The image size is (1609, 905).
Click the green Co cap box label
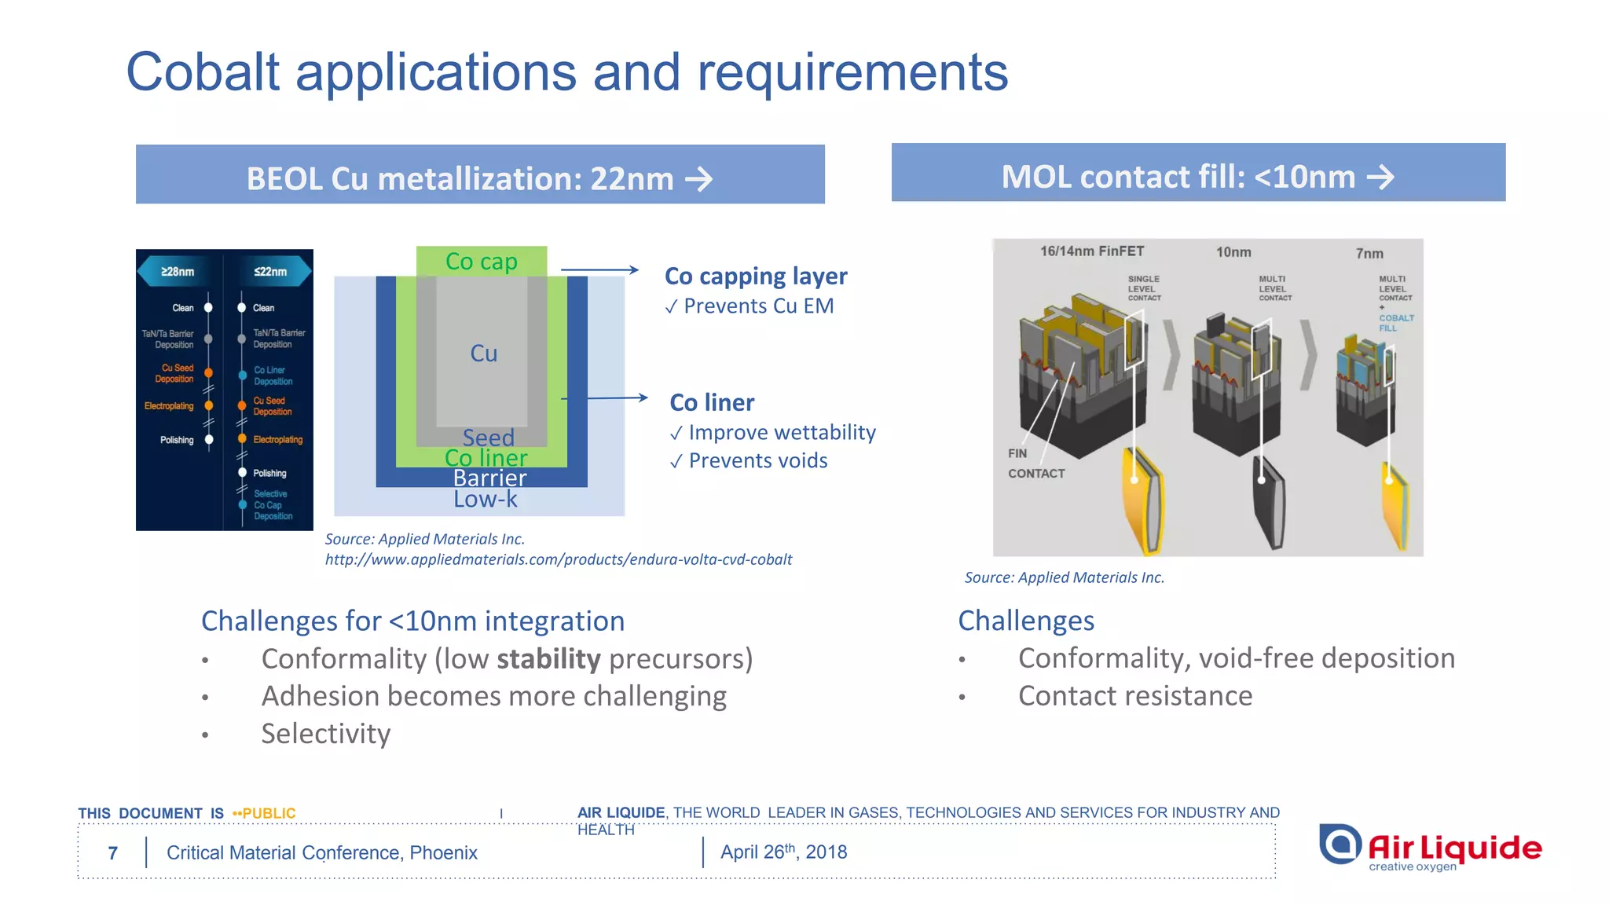pos(481,261)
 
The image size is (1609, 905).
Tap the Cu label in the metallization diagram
pos(483,354)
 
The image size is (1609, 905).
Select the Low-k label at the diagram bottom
pos(485,499)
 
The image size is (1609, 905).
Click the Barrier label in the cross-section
pos(489,478)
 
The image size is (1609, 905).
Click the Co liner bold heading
pos(711,402)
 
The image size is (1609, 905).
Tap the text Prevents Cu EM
pos(757,306)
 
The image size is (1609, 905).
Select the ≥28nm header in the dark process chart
pos(178,272)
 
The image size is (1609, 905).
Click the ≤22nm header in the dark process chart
pos(270,272)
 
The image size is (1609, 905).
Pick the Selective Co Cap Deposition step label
pos(272,505)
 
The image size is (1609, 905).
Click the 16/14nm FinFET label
pos(1091,251)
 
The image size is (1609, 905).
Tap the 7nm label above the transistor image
pos(1369,254)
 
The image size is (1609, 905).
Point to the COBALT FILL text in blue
pos(1395,323)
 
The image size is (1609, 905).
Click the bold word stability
pos(548,658)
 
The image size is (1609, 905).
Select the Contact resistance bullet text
pos(1134,696)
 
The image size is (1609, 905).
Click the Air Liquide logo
pos(1430,848)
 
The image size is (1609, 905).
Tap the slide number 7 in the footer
pos(113,853)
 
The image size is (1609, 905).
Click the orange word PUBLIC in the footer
pos(269,813)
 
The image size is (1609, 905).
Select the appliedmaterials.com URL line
pos(558,559)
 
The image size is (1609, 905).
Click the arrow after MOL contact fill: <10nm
pos(1380,177)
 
